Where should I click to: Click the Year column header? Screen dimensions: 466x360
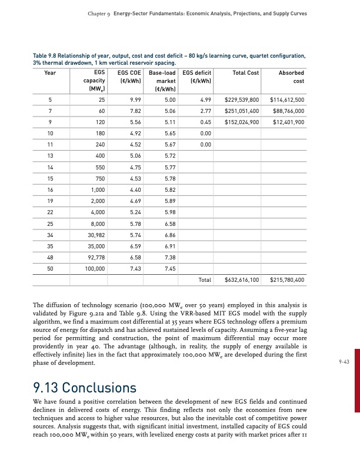coord(50,73)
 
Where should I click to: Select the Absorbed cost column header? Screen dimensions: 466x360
coord(291,76)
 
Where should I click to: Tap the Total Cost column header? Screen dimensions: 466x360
coord(246,73)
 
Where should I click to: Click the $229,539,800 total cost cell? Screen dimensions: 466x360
coord(242,100)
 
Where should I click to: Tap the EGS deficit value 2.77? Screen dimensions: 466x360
coord(205,111)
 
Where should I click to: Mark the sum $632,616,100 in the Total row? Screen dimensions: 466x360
coord(242,281)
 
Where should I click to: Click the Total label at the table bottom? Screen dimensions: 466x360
coord(205,281)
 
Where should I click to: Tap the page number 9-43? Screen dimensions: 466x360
coord(344,362)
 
